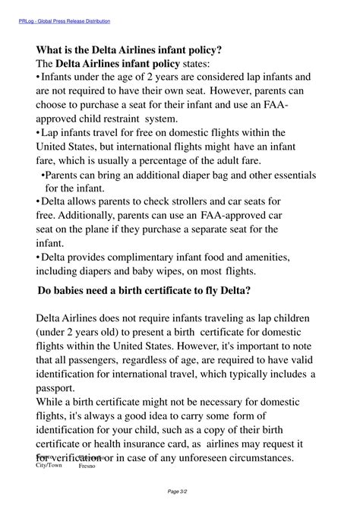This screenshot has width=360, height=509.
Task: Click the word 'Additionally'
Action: (93, 216)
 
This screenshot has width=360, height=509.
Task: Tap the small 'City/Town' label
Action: (49, 464)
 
